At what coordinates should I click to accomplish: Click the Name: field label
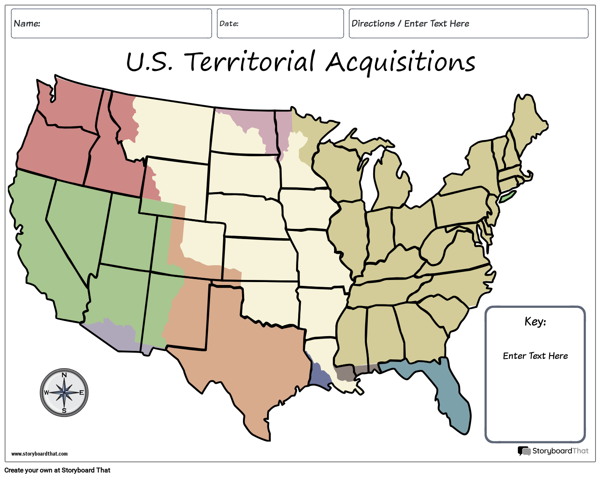point(27,24)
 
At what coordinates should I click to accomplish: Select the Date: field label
point(229,24)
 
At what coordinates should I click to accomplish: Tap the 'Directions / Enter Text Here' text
point(410,24)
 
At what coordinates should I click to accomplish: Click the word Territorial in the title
point(250,62)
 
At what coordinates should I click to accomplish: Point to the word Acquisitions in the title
point(400,62)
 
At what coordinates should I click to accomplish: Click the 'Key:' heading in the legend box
point(535,322)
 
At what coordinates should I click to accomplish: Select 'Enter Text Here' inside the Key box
point(535,356)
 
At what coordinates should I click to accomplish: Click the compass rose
point(64,392)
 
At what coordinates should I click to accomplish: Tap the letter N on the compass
point(64,375)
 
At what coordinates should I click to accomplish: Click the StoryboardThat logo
point(553,451)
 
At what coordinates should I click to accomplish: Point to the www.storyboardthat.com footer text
point(39,454)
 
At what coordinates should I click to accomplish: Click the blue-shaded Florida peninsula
point(451,397)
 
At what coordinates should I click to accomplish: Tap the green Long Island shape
point(507,196)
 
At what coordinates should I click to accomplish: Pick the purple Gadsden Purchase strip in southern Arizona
point(114,336)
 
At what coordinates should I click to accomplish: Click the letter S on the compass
point(64,410)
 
